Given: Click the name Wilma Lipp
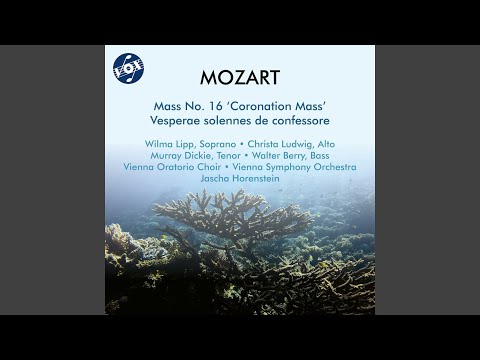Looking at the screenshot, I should tap(166, 144).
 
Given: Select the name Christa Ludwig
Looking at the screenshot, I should tap(285, 144).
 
